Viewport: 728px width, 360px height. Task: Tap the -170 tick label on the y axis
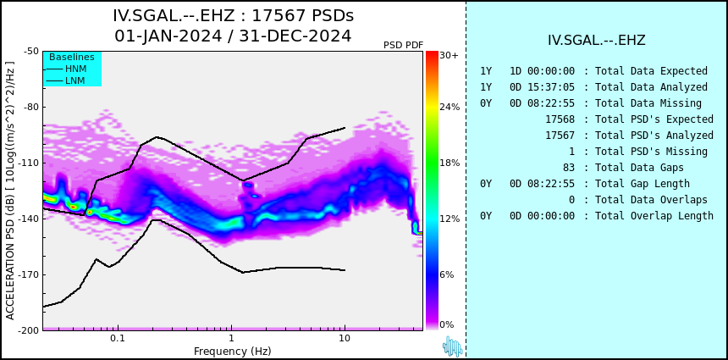click(x=28, y=274)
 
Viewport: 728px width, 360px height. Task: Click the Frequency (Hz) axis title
click(x=232, y=351)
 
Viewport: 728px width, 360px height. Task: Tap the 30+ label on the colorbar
click(x=449, y=55)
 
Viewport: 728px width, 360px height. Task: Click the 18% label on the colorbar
click(x=449, y=163)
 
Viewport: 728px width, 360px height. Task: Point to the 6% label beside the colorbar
click(x=447, y=274)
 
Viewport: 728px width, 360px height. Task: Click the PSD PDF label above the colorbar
click(x=404, y=45)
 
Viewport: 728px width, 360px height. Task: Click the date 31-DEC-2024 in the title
click(x=295, y=36)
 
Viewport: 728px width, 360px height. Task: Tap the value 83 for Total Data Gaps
click(x=569, y=167)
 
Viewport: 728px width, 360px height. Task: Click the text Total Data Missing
click(x=648, y=103)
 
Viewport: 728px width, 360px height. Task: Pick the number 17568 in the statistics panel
click(x=560, y=119)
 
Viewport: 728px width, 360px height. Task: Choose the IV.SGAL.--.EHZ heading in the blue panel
click(x=597, y=41)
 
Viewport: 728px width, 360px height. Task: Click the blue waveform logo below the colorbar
click(x=453, y=346)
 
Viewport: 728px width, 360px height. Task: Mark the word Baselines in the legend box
click(x=72, y=57)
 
